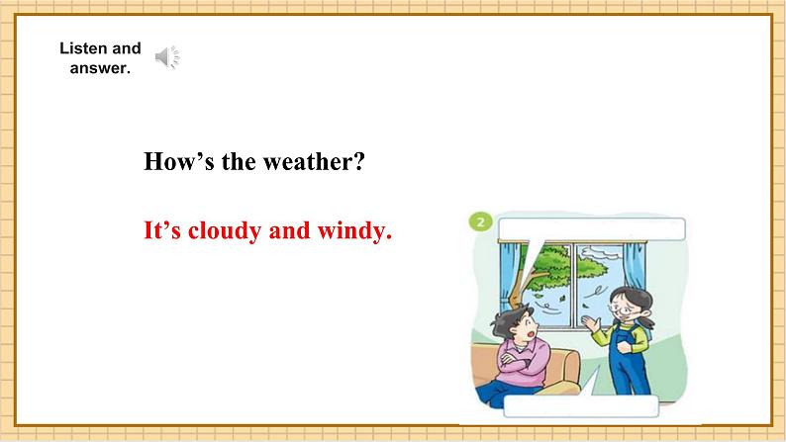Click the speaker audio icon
(167, 57)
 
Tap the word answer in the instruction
(100, 68)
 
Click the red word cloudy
(225, 231)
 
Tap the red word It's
(162, 231)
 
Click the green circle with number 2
(481, 221)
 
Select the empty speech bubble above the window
(592, 229)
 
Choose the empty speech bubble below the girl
(580, 405)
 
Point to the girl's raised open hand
(591, 323)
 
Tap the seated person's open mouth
(529, 334)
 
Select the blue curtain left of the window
(510, 275)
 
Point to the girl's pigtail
(645, 320)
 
